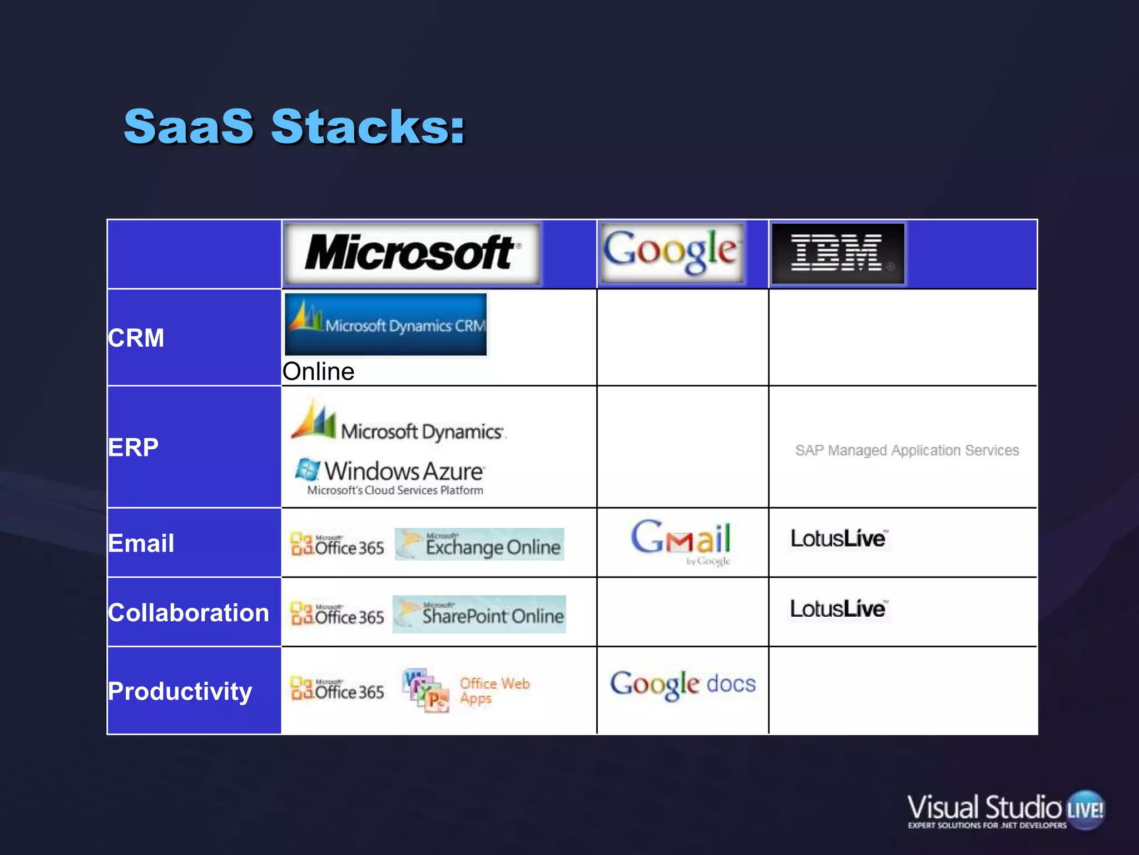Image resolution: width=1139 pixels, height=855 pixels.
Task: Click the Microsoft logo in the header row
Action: [412, 253]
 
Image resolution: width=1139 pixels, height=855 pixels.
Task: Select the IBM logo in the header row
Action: [838, 253]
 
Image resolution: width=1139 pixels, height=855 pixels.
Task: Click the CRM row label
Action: [136, 338]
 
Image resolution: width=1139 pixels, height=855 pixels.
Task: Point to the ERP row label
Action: [133, 447]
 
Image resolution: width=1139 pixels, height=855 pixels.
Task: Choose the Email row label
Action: [141, 543]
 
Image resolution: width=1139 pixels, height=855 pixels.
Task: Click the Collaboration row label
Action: [189, 612]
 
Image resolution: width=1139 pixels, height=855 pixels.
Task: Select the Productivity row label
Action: [180, 691]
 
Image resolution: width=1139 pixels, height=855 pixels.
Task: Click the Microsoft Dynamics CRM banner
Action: [385, 325]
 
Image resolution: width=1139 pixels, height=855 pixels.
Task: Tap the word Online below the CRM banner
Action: [318, 371]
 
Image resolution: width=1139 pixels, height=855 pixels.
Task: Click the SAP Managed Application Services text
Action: [907, 450]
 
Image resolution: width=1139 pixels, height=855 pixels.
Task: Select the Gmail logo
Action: [681, 541]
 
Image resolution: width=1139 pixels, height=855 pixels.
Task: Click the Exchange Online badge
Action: [479, 544]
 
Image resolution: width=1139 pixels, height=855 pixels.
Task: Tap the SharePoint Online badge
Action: [479, 614]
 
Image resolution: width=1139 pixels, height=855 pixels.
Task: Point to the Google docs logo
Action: [683, 684]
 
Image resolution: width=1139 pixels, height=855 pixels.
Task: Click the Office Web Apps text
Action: [494, 690]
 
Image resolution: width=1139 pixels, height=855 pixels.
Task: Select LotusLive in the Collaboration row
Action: [838, 608]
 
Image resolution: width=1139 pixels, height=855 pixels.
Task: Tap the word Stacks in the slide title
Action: [367, 127]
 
